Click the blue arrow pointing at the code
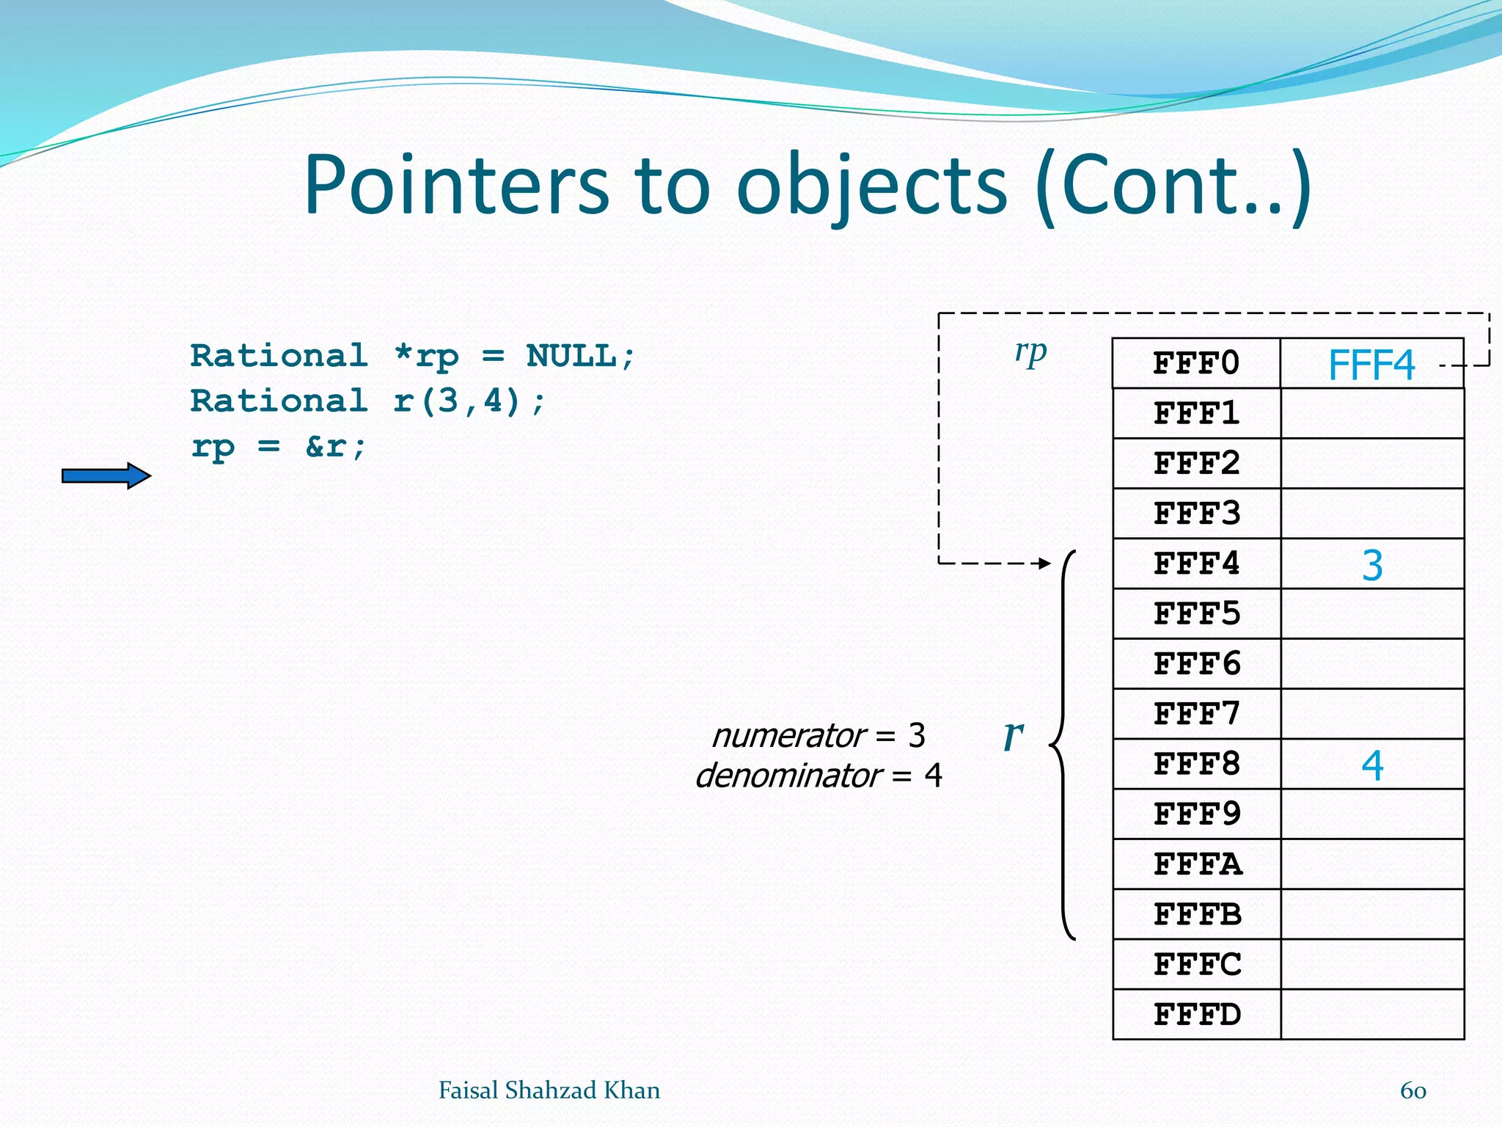coord(106,476)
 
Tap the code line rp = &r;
coord(279,446)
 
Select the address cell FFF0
coord(1196,364)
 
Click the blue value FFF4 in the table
coord(1371,365)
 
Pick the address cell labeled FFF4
coord(1196,564)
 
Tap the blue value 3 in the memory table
coord(1372,566)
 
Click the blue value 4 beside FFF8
coord(1372,765)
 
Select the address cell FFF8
coord(1196,765)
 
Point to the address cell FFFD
coord(1196,1015)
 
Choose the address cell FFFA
coord(1196,864)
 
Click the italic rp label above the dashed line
coord(1030,353)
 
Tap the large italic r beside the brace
coord(1013,734)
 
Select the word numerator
coord(789,736)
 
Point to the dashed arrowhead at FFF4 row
coord(1044,563)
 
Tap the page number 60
coord(1413,1090)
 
